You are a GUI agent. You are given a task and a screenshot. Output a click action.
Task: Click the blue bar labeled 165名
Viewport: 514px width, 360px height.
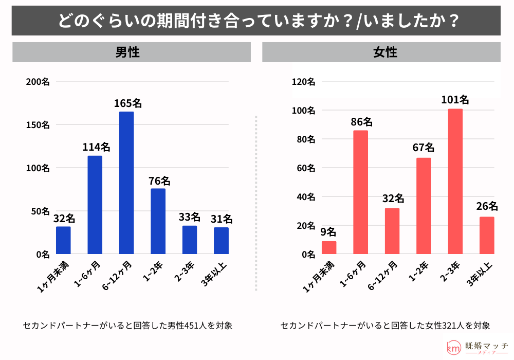point(126,183)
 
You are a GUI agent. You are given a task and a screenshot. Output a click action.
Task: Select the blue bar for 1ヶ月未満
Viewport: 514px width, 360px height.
point(63,240)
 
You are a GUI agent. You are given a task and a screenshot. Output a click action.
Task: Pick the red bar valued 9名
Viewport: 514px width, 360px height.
point(329,247)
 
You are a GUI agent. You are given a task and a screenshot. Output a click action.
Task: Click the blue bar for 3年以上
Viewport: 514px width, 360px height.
point(221,241)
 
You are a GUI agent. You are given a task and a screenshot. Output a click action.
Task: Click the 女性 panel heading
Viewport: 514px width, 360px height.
point(385,52)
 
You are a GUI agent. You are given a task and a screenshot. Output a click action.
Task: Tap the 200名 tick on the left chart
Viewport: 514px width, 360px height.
point(39,82)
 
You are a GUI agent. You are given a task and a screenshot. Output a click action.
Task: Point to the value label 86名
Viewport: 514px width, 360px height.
point(361,122)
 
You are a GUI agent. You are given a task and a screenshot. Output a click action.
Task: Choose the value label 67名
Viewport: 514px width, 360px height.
point(424,148)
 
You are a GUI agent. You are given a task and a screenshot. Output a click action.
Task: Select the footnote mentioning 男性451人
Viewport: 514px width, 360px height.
point(128,326)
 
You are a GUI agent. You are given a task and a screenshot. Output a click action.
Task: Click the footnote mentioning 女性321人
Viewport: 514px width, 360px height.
point(385,326)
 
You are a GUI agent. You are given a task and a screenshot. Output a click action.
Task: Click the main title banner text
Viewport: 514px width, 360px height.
point(256,21)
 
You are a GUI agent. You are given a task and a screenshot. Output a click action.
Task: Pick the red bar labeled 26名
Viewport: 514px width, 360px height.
point(487,235)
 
